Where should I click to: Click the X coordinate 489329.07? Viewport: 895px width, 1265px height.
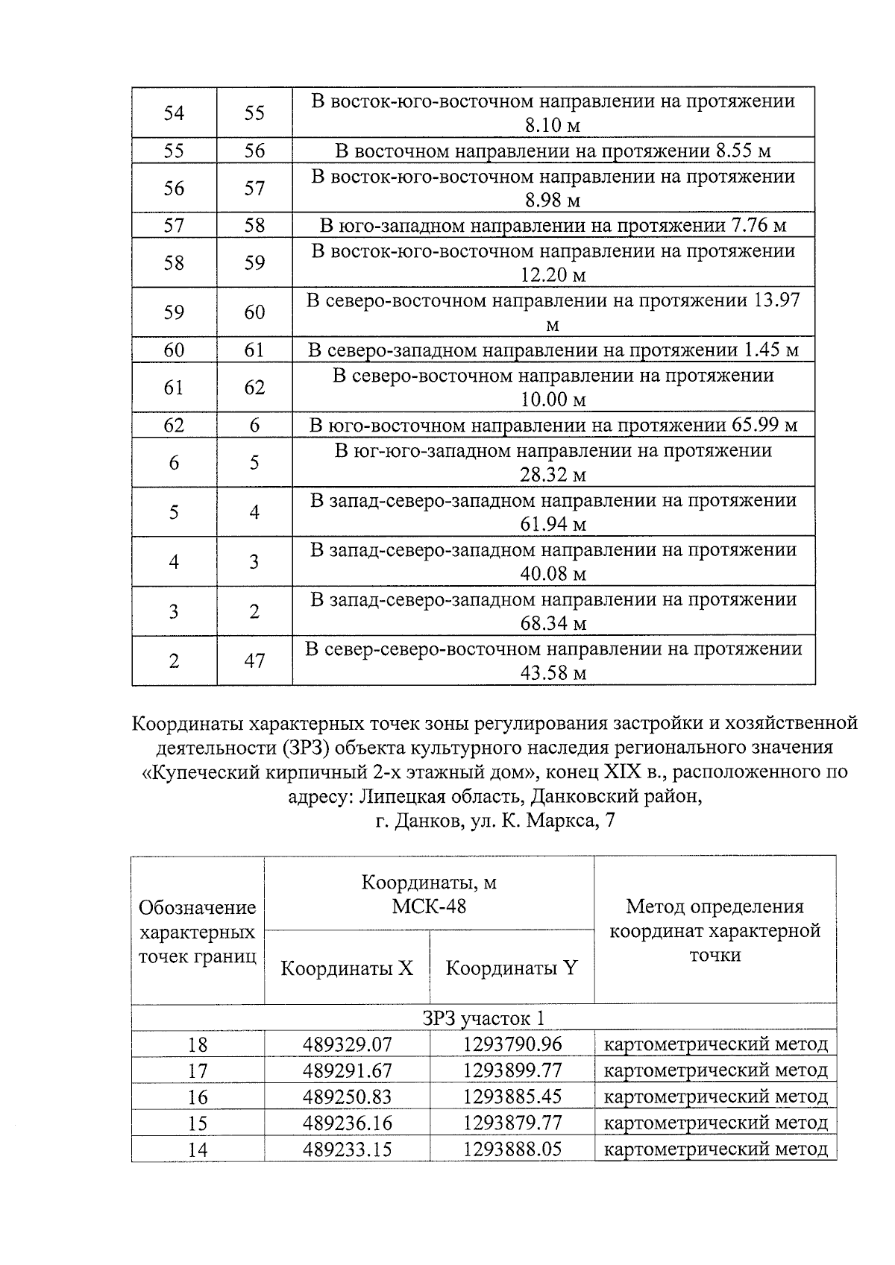point(347,1044)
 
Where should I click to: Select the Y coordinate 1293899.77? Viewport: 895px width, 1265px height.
point(512,1070)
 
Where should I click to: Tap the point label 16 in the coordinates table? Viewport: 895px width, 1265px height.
point(198,1097)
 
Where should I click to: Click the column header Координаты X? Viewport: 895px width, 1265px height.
point(346,968)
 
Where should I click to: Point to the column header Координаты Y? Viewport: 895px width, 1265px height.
point(511,968)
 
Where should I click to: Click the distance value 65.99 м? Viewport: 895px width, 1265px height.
point(761,425)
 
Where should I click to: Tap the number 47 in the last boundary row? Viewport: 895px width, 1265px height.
point(254,660)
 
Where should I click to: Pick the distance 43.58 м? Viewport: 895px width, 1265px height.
point(553,673)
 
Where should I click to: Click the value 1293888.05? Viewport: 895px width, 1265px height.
point(512,1149)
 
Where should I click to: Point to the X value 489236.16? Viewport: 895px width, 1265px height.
point(347,1123)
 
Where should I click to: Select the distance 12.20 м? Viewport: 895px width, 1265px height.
point(553,275)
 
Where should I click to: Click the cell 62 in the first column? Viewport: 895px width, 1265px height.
point(174,425)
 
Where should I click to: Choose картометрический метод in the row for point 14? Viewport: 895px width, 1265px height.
point(715,1149)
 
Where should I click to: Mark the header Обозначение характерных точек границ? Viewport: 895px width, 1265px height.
point(198,932)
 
